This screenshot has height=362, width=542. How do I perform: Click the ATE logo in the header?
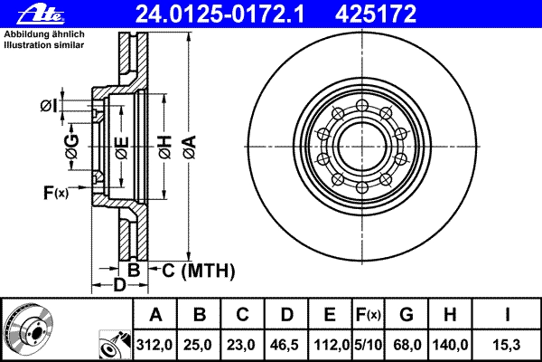(41, 14)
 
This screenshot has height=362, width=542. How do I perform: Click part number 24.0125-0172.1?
(220, 14)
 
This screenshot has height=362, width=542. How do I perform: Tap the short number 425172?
(376, 14)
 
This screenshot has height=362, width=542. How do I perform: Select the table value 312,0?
(154, 345)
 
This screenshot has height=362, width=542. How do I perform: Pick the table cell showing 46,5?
(285, 345)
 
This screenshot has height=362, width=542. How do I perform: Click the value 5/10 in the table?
(369, 345)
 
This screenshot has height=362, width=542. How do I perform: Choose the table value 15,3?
(507, 345)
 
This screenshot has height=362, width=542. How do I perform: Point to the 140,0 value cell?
(450, 345)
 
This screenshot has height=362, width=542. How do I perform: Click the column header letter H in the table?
(449, 315)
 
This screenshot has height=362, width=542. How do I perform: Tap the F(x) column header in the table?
(369, 315)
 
